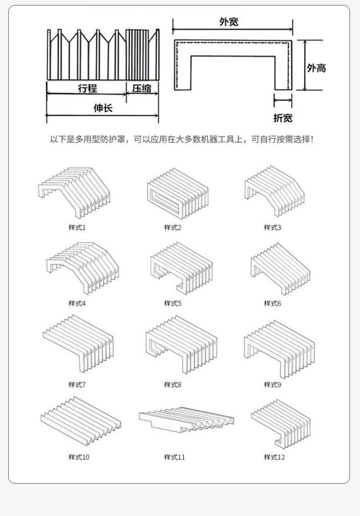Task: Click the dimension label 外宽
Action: click(228, 21)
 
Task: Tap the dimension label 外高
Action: click(316, 68)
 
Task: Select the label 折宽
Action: click(283, 118)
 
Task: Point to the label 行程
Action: click(87, 88)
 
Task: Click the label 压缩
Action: click(142, 88)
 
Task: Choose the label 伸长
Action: click(103, 108)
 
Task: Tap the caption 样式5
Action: click(173, 303)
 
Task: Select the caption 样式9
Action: click(273, 385)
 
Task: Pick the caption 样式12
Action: click(274, 457)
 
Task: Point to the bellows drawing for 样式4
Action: click(82, 267)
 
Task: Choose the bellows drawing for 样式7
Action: click(78, 344)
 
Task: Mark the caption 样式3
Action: click(273, 227)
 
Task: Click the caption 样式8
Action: click(173, 385)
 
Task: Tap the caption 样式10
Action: click(79, 457)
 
